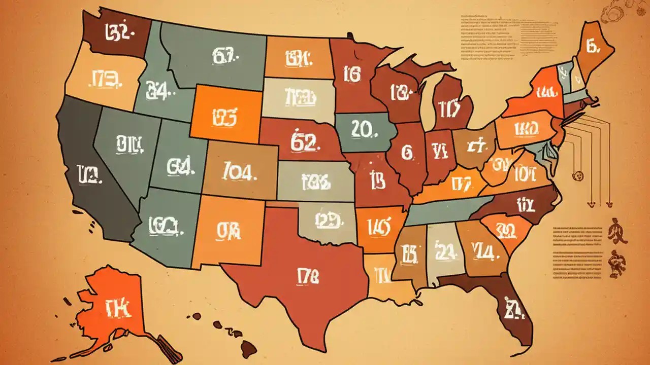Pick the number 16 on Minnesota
pos(352,75)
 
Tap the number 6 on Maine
pos(593,47)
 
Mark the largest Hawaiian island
pos(247,349)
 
